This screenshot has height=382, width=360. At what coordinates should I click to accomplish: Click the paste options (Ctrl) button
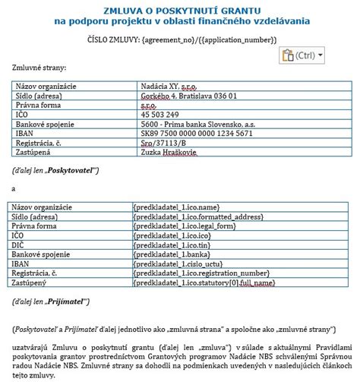coord(302,55)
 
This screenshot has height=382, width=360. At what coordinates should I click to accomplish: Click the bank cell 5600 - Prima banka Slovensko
coord(200,124)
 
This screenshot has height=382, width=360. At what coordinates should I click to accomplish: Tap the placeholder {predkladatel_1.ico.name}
coord(176,207)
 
